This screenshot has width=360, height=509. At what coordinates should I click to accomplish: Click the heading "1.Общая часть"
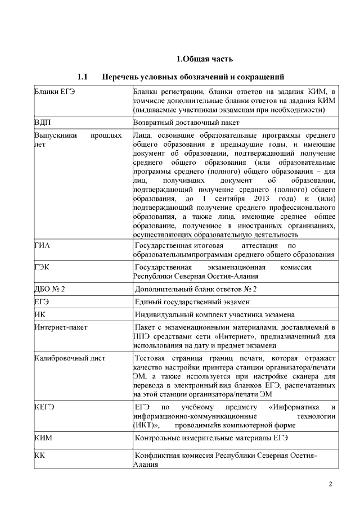pyautogui.click(x=205, y=59)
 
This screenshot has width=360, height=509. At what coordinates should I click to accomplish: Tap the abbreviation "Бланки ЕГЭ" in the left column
pyautogui.click(x=55, y=91)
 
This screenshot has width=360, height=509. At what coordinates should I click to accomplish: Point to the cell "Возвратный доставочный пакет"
pyautogui.click(x=186, y=121)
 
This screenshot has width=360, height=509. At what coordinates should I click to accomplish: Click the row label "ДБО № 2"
pyautogui.click(x=50, y=289)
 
